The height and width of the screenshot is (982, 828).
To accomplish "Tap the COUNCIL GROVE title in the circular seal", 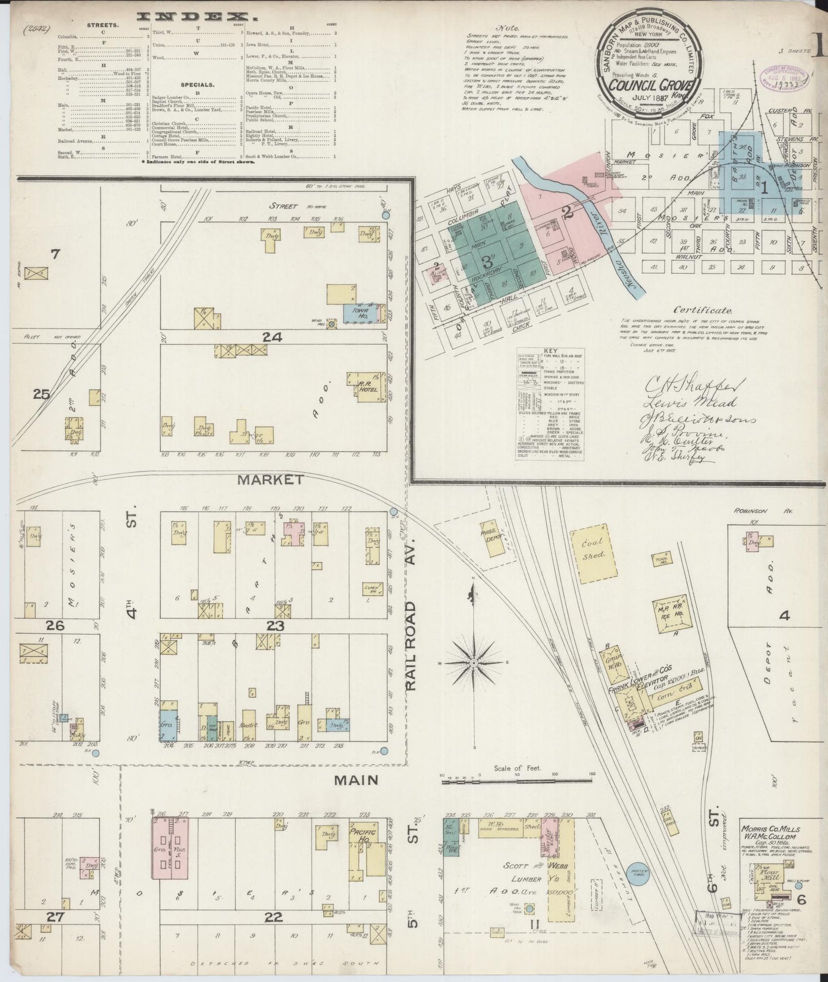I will [652, 85].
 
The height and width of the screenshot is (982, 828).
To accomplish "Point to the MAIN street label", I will [356, 779].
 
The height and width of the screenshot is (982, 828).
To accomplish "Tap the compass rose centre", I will [474, 663].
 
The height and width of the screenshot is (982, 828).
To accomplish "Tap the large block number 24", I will [272, 338].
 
